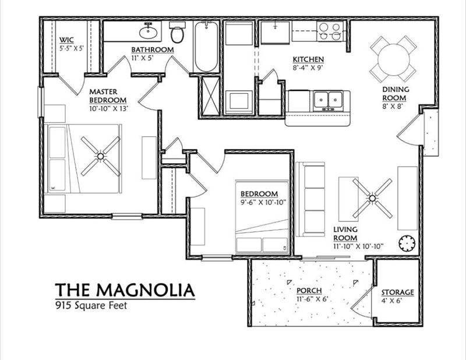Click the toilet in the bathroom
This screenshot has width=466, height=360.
[x=176, y=33]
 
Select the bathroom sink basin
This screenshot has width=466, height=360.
[x=149, y=30]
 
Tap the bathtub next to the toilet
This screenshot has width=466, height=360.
[x=206, y=47]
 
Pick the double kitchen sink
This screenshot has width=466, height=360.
[x=328, y=100]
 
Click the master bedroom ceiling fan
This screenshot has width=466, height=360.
[x=100, y=156]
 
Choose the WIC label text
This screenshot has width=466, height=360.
[x=66, y=40]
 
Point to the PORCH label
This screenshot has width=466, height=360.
[x=310, y=291]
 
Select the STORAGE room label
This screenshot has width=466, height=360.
[x=397, y=292]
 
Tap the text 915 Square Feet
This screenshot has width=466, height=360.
[x=91, y=305]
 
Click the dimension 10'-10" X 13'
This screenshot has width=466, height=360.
[x=108, y=108]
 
